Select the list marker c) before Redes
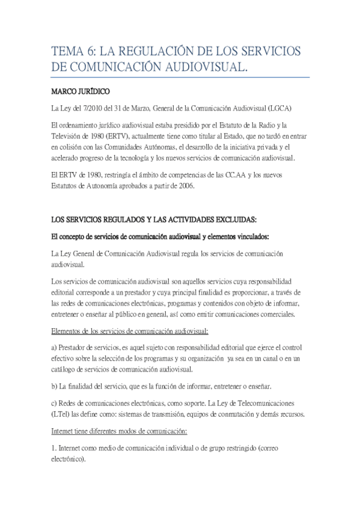55,400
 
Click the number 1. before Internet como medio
53,448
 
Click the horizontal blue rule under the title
181,78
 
